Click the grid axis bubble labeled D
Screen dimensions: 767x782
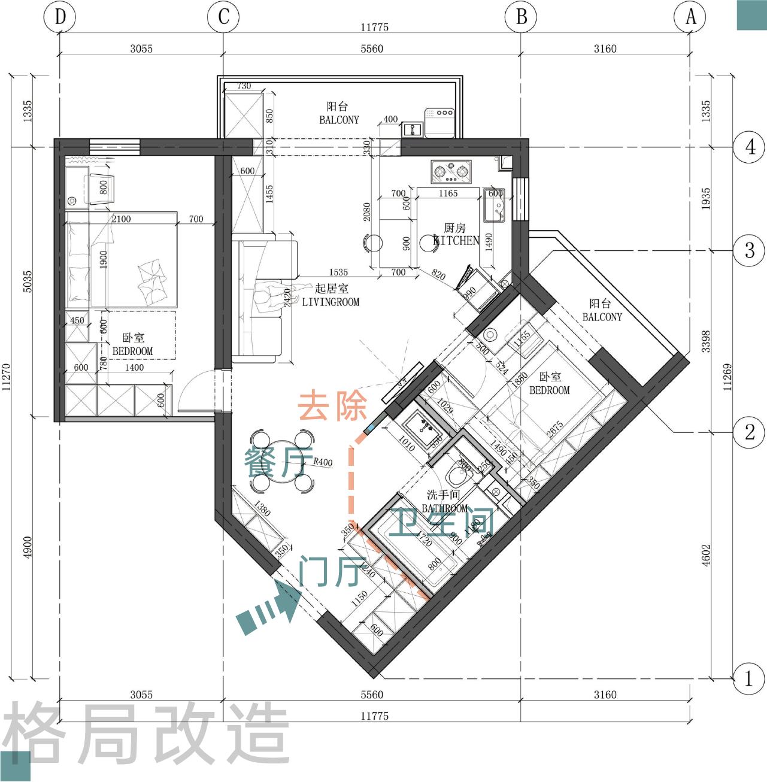(x=60, y=17)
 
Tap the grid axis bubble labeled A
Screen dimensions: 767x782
(x=690, y=17)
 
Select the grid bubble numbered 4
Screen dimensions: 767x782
(x=750, y=147)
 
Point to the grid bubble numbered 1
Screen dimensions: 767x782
(x=748, y=679)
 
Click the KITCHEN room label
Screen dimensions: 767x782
(x=456, y=241)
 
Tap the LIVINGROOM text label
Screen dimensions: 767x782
(x=331, y=302)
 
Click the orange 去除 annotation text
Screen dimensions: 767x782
(x=332, y=406)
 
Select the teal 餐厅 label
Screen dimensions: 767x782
(x=278, y=462)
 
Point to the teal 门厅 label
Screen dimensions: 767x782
(x=332, y=571)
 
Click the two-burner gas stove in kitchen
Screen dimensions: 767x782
(x=451, y=172)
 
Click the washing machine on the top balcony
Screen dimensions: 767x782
(x=440, y=123)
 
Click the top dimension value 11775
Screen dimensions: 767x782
(x=374, y=27)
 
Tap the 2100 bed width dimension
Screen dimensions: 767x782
(x=121, y=219)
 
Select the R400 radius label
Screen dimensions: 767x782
(x=323, y=462)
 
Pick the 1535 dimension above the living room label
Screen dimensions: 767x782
(x=338, y=272)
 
